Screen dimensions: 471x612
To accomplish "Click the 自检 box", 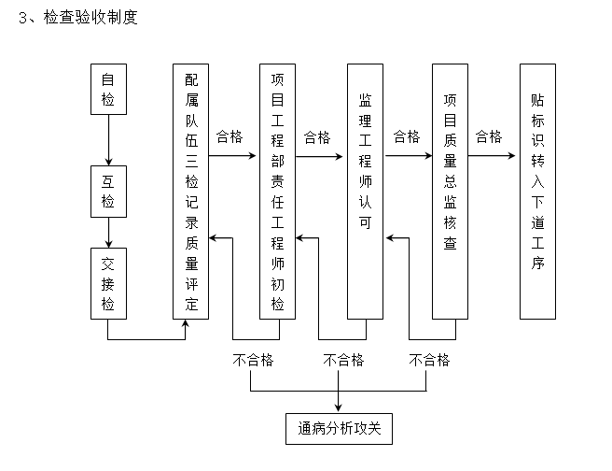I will (x=108, y=89).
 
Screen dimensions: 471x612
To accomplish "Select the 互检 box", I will (x=108, y=192).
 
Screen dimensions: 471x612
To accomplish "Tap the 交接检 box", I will (x=108, y=283).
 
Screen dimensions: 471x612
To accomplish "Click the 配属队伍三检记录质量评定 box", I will (x=191, y=192).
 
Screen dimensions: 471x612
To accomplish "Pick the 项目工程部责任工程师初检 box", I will (x=277, y=192).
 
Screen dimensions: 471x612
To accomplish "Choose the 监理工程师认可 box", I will (x=365, y=192).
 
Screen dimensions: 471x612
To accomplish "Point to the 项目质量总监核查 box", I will (x=450, y=192).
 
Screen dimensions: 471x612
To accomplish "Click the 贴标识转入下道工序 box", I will (x=537, y=192).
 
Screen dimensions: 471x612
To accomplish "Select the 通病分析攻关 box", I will (x=339, y=431).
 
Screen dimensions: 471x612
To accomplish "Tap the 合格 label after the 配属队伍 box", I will (x=229, y=136).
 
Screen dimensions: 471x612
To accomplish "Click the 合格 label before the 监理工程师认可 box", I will (x=317, y=136).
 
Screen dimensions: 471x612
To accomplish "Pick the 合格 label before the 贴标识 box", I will (x=489, y=136).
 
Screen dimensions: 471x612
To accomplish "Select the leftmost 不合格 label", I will (x=253, y=360).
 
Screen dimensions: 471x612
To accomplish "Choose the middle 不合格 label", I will (x=343, y=360).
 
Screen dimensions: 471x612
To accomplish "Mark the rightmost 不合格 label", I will (x=429, y=360).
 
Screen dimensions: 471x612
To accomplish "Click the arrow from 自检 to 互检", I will (x=108, y=140).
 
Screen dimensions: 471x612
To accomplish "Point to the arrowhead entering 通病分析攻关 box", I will (x=339, y=407).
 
